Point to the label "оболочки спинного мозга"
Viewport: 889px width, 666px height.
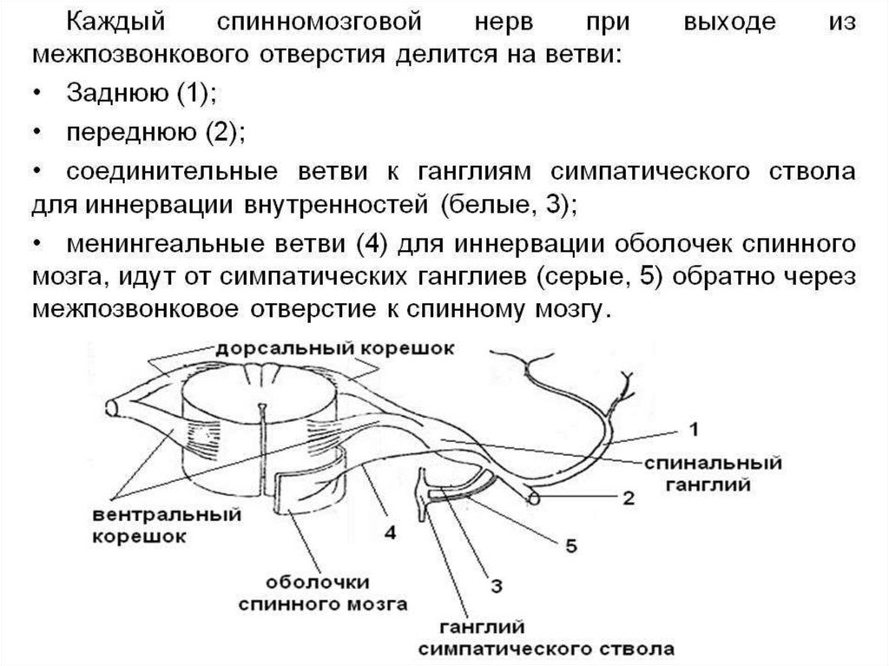(x=322, y=590)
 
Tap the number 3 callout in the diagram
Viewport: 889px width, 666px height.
(x=495, y=586)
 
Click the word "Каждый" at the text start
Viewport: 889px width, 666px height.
(x=115, y=22)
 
